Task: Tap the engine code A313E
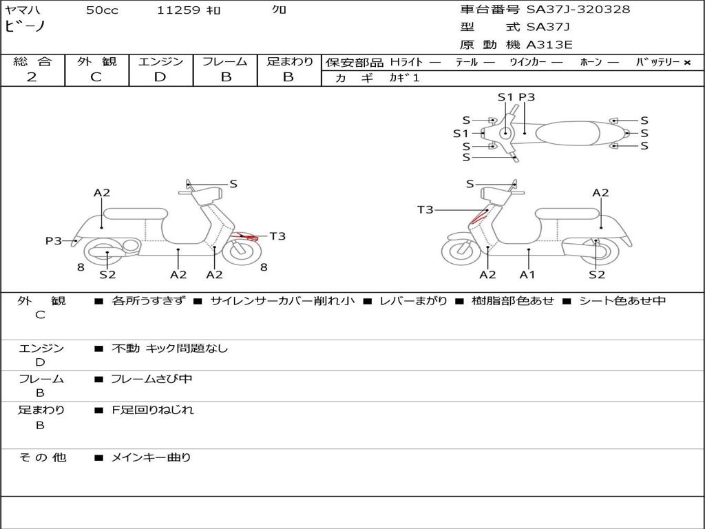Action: click(549, 45)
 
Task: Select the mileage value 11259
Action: click(178, 10)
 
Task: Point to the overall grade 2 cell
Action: click(32, 77)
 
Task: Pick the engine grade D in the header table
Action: click(160, 77)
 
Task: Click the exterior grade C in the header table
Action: click(96, 77)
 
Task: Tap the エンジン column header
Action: click(160, 62)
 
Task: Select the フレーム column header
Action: click(225, 62)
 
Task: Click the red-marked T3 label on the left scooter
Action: click(277, 236)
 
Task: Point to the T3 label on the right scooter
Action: click(425, 209)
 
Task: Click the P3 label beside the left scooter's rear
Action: click(54, 241)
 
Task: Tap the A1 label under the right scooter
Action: click(528, 275)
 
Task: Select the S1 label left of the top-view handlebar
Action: click(461, 134)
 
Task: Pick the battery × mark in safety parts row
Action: click(686, 63)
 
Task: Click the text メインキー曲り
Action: click(151, 457)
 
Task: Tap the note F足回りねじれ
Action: click(153, 410)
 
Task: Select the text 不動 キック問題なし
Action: click(169, 349)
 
